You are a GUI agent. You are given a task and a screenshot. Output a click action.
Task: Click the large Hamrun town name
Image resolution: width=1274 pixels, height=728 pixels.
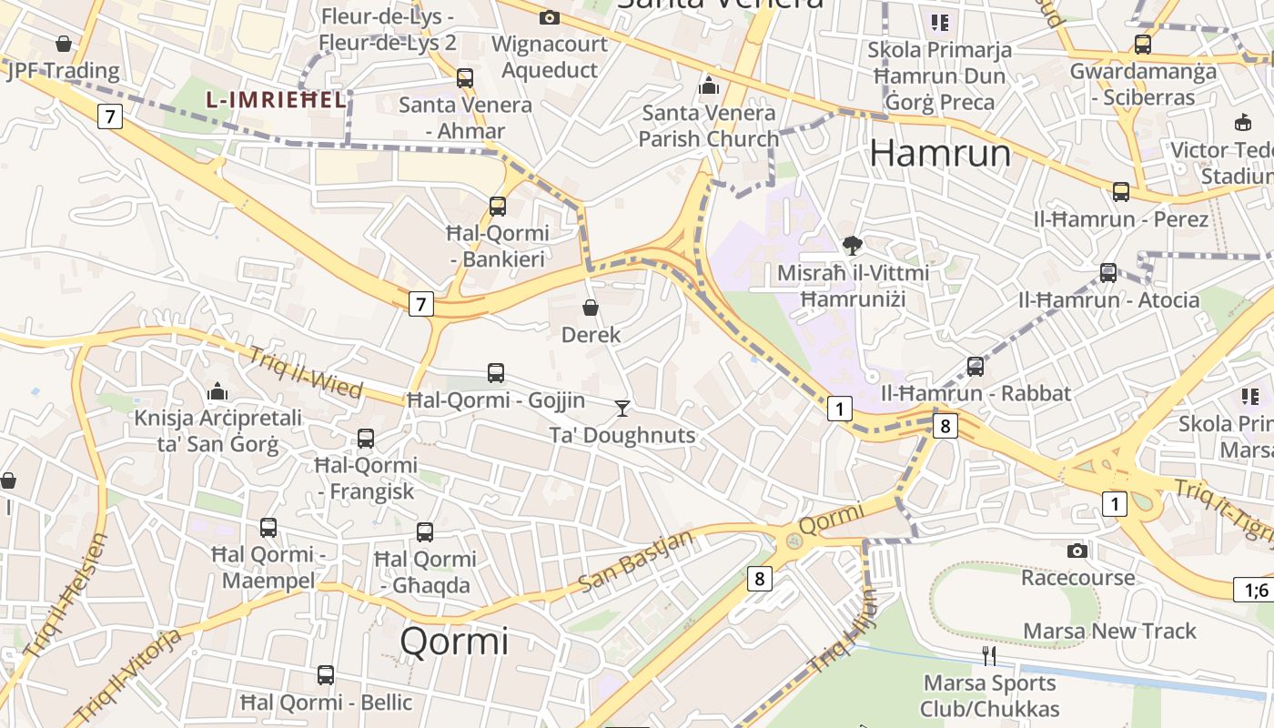point(940,153)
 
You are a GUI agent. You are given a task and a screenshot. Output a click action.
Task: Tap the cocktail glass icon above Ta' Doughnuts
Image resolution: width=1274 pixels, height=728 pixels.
point(622,408)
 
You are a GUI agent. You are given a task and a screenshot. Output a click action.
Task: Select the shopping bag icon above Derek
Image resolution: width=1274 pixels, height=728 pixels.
point(591,308)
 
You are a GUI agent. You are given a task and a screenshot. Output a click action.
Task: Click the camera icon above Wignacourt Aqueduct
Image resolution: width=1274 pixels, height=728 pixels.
point(549,17)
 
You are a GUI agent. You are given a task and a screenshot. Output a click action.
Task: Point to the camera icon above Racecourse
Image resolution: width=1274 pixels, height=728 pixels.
point(1077,551)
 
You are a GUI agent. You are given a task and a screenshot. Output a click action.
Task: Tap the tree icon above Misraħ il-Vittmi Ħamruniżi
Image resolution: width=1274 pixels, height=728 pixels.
point(853,245)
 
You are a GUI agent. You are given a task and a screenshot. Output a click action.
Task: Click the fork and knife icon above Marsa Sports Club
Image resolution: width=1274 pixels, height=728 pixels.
point(989,655)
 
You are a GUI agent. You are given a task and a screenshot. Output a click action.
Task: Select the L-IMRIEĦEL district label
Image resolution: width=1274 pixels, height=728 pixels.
point(277,100)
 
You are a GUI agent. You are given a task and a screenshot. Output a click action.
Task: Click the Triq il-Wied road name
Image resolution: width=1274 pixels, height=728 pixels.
point(305,373)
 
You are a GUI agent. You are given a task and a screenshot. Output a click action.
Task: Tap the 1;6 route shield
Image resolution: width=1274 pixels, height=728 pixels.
point(1256,590)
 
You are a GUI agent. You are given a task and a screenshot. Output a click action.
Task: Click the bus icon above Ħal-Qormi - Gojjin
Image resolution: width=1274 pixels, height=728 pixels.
point(496,372)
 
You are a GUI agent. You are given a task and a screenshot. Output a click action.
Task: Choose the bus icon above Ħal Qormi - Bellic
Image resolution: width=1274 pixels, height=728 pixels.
point(326,675)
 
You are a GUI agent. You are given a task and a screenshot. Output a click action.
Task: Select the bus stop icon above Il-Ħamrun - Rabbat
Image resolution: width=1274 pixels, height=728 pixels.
point(976,367)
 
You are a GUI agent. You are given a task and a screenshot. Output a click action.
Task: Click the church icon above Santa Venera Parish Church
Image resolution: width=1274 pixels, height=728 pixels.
point(708,86)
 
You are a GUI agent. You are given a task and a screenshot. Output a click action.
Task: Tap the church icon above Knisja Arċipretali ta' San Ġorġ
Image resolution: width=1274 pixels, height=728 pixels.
point(217,391)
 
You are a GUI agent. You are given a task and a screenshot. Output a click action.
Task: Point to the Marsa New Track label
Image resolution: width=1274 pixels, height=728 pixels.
point(1109,631)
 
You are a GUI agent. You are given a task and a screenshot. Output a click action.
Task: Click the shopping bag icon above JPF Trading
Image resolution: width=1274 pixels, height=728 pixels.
point(64,44)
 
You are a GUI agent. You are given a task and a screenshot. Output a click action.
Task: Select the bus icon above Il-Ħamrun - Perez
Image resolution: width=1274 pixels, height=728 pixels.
point(1121,192)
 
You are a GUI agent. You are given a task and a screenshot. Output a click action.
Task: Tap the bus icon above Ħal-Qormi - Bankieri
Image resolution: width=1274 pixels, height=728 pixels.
point(498,207)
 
